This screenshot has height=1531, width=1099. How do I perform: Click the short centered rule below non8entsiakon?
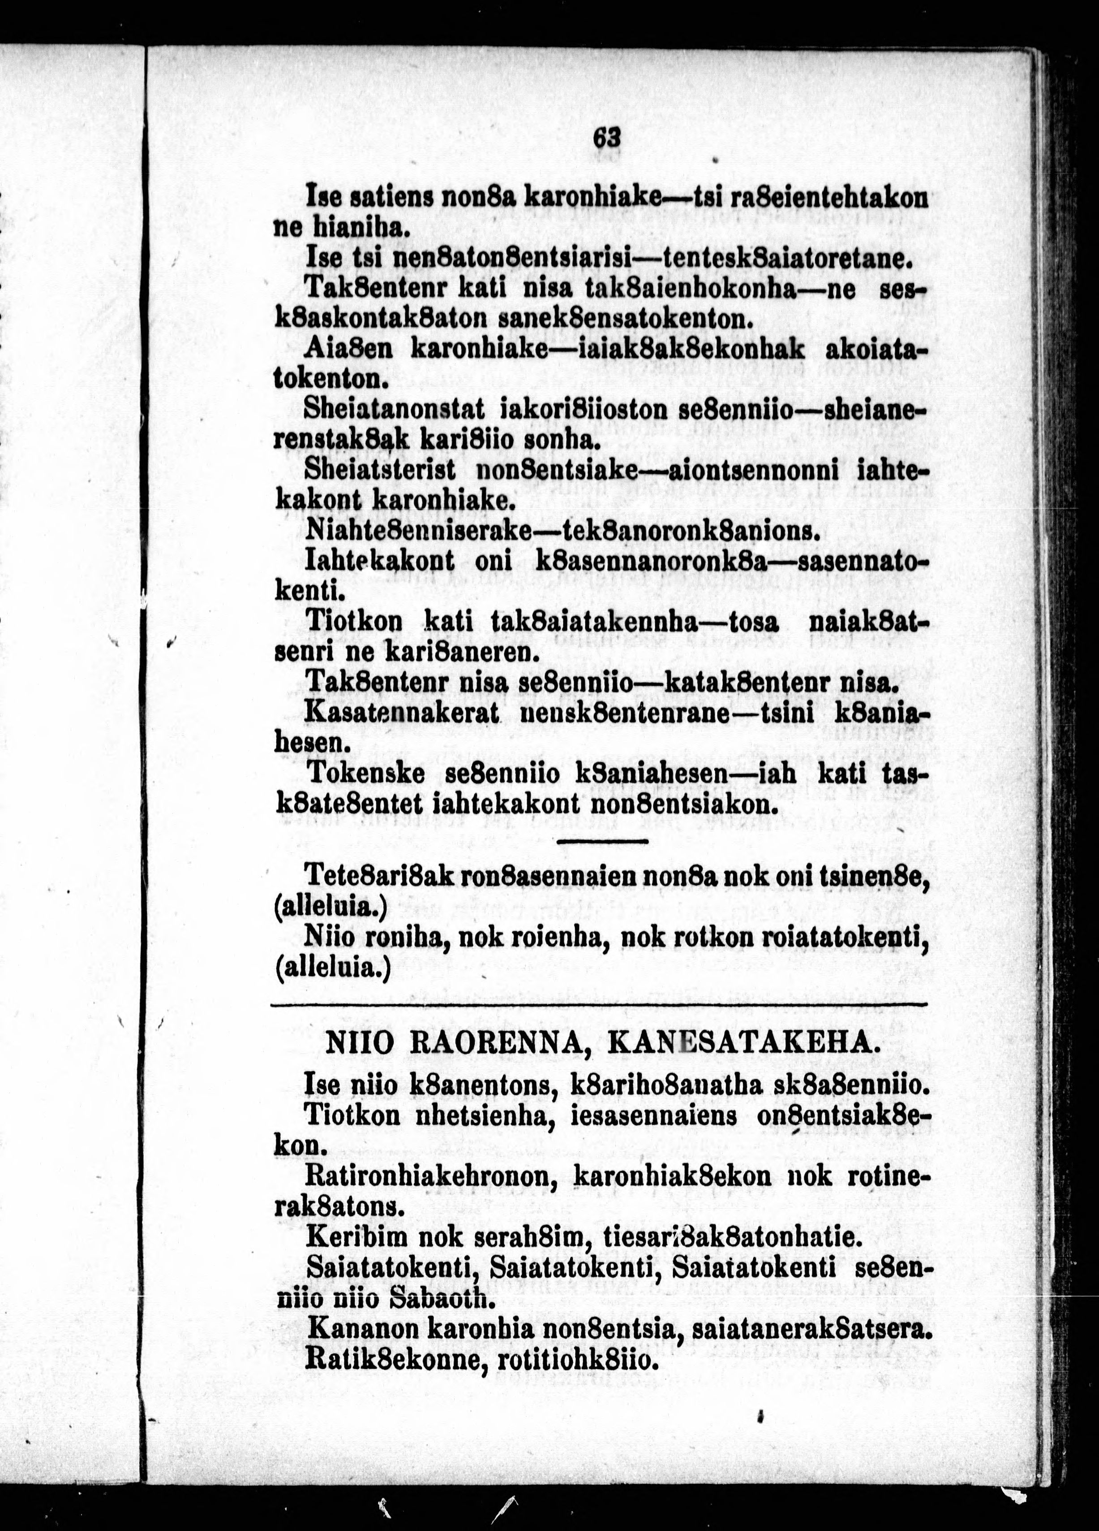(x=602, y=841)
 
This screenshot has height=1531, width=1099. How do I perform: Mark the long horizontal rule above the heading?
(x=599, y=1005)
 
